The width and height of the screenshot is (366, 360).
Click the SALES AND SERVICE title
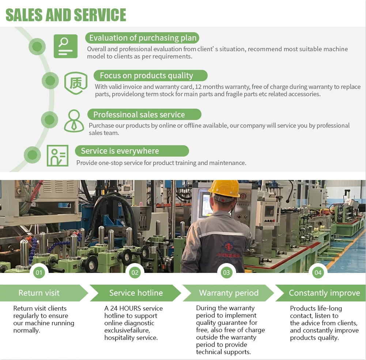coord(66,15)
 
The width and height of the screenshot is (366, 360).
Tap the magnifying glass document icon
coord(65,46)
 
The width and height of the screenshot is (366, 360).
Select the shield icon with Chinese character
coord(76,83)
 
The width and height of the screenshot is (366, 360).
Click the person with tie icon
coord(74,121)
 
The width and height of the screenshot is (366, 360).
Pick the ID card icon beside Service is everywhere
coord(57,155)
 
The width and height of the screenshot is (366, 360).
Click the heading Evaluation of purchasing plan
coord(143,38)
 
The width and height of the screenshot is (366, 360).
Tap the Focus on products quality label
coord(146,76)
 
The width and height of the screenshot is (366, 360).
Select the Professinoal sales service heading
coord(139,115)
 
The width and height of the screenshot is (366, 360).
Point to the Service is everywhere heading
coord(120,151)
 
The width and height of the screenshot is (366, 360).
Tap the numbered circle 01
coord(39,273)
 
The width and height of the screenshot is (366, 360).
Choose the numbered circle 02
coord(135,273)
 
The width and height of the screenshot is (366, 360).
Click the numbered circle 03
coord(226,273)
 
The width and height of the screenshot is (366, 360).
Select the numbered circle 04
coord(318,273)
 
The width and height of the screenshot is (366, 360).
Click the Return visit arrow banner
coord(39,293)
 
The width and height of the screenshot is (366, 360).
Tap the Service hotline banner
coord(136,293)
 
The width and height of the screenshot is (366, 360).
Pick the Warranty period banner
coord(229,293)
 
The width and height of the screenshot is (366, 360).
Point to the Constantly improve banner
coord(324,293)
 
